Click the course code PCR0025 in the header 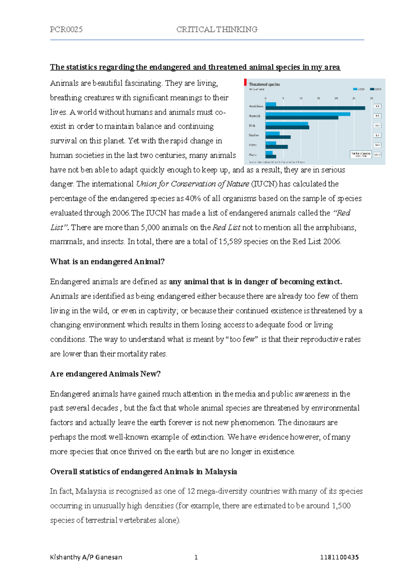coord(66,30)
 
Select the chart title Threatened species coord(264,84)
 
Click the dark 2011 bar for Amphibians coord(315,108)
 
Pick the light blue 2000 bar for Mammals coord(308,114)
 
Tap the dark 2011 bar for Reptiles coord(278,137)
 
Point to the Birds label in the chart coord(252,126)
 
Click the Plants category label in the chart coord(253,155)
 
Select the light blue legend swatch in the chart coord(355,89)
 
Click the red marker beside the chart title coord(245,82)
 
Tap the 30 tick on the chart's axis coord(372,98)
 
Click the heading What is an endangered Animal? coord(107,262)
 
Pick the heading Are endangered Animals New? coord(105,374)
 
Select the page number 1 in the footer coord(196,557)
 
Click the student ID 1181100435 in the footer coord(339,557)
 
